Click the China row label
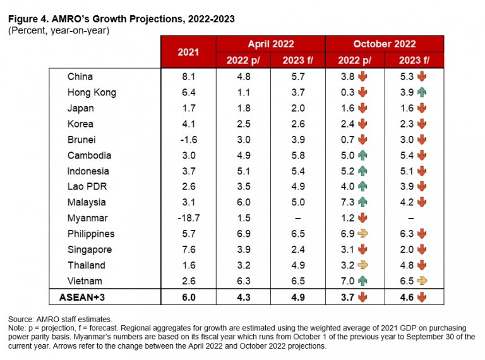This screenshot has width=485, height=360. (x=80, y=76)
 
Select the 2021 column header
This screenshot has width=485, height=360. (x=188, y=52)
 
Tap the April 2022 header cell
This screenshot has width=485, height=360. (x=270, y=44)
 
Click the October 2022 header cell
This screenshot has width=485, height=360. (x=384, y=44)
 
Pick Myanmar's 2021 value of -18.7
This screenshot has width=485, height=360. (x=188, y=218)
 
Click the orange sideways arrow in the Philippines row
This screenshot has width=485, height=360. (x=364, y=234)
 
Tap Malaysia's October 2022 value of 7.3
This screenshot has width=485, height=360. (x=347, y=202)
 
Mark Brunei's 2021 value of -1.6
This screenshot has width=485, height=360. (x=188, y=140)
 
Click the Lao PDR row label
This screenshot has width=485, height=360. (x=84, y=186)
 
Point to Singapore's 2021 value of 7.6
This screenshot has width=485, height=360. (x=188, y=249)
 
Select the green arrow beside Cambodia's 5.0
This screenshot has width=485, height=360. (x=364, y=155)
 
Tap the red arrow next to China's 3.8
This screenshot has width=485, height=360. (x=364, y=76)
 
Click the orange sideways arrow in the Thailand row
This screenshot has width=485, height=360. (x=364, y=265)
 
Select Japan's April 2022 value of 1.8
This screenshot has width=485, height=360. (x=244, y=108)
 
